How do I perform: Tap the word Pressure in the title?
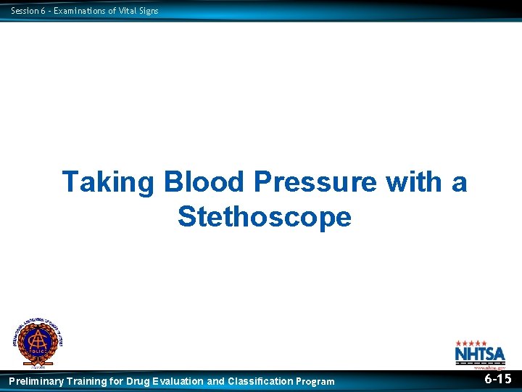click(x=315, y=182)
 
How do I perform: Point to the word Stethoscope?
click(x=264, y=216)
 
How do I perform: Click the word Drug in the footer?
click(x=138, y=381)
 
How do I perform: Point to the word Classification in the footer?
click(x=260, y=381)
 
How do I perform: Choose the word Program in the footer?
click(x=315, y=381)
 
